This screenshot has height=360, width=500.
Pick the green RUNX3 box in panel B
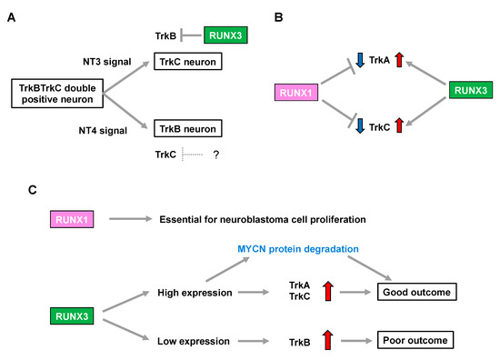click(471, 91)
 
